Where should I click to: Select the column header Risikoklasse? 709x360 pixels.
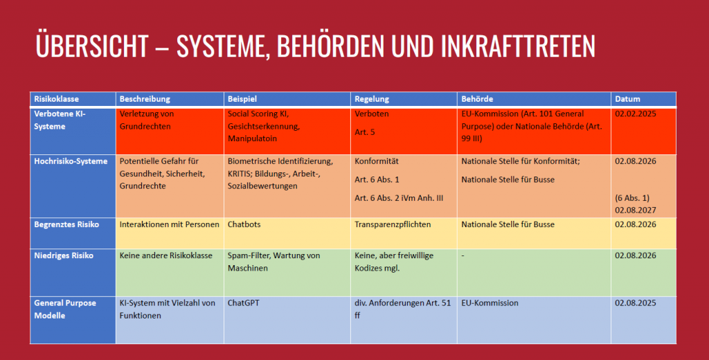pyautogui.click(x=57, y=99)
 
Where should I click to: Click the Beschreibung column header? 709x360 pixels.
pyautogui.click(x=145, y=99)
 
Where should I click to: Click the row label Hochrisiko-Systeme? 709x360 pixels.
pyautogui.click(x=71, y=161)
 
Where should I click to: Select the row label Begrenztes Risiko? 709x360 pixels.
pyautogui.click(x=66, y=224)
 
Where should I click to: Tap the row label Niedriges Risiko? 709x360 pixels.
pyautogui.click(x=64, y=255)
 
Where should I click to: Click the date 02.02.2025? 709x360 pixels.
pyautogui.click(x=635, y=114)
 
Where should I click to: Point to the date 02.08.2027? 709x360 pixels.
pyautogui.click(x=635, y=210)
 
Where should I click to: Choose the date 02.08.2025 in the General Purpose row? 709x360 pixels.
pyautogui.click(x=635, y=303)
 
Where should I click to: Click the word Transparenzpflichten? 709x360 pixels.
pyautogui.click(x=393, y=224)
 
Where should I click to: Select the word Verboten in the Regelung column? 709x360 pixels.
pyautogui.click(x=372, y=114)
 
